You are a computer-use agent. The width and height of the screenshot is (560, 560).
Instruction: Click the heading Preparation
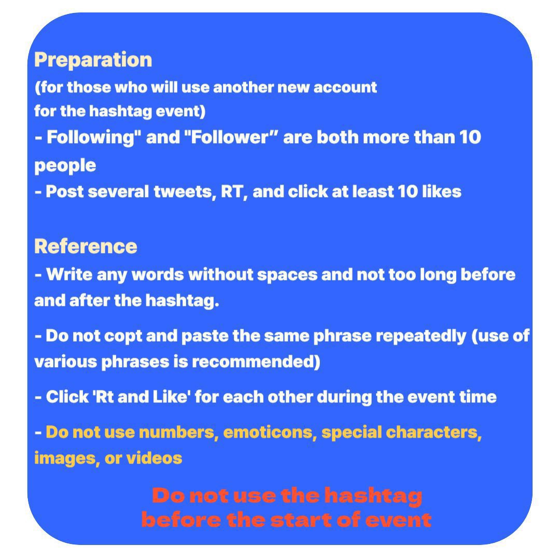pyautogui.click(x=93, y=60)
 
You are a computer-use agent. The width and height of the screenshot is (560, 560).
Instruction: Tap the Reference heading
pyautogui.click(x=86, y=246)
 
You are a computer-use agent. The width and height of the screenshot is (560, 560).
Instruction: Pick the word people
pyautogui.click(x=65, y=166)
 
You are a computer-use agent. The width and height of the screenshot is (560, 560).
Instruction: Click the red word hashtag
pyautogui.click(x=373, y=496)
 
